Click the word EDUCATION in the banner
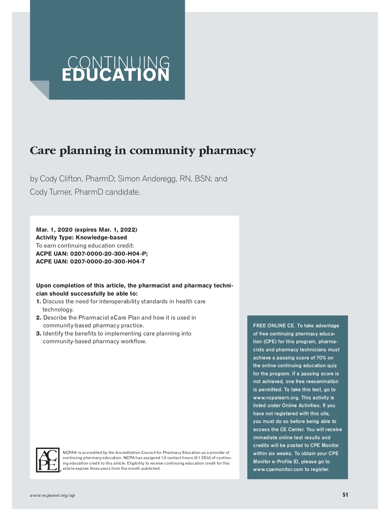tap(116, 75)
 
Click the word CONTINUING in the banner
tap(119, 62)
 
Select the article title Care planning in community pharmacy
tap(143, 151)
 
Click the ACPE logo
tap(48, 460)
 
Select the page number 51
tap(345, 495)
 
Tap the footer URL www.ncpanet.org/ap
tap(52, 495)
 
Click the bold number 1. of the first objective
tap(39, 302)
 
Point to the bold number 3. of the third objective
tap(39, 333)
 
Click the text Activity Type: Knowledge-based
tap(82, 237)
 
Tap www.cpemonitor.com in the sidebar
tap(278, 469)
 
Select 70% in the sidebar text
tap(321, 358)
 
